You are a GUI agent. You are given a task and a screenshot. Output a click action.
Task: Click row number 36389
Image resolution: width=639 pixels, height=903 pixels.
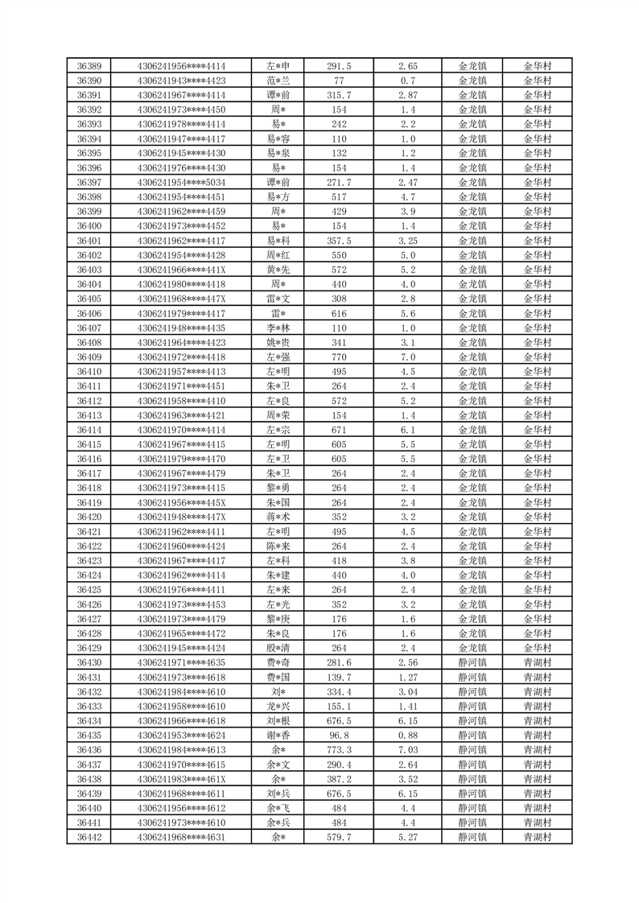[x=89, y=66]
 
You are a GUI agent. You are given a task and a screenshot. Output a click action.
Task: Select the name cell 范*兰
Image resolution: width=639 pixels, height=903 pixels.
[x=278, y=80]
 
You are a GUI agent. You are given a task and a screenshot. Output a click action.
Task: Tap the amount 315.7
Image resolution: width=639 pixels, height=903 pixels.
[x=338, y=95]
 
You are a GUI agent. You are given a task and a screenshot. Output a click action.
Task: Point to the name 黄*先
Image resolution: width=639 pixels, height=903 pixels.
[x=278, y=270]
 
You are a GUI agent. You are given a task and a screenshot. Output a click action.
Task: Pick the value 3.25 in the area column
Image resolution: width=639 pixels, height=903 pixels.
[x=407, y=241]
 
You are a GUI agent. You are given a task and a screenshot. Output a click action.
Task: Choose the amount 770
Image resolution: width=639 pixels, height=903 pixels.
[x=338, y=357]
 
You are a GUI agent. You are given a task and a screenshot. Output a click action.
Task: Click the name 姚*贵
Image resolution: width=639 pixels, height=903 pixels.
[x=278, y=343]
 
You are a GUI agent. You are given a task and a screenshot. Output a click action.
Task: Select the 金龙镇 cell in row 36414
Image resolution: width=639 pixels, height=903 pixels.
[x=472, y=430]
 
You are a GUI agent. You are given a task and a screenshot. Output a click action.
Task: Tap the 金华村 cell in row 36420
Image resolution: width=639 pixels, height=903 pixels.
[x=538, y=517]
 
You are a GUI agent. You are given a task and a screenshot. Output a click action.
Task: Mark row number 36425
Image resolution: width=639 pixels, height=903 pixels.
[x=89, y=590]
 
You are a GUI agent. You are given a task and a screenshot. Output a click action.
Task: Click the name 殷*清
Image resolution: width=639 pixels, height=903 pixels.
[x=278, y=648]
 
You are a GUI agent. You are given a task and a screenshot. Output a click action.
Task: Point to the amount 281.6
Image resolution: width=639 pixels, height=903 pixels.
[x=338, y=662]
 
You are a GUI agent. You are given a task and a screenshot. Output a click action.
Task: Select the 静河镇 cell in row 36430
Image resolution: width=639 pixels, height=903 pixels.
[x=472, y=662]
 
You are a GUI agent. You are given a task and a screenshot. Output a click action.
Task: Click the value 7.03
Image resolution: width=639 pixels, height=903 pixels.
[x=407, y=750]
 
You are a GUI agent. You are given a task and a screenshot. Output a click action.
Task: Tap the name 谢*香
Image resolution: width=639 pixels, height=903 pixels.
[x=278, y=736]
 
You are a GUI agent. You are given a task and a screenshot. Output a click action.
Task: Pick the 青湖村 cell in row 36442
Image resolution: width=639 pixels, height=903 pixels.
[x=538, y=837]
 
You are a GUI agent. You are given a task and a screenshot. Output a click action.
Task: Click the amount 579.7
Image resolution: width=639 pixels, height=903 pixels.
[x=338, y=837]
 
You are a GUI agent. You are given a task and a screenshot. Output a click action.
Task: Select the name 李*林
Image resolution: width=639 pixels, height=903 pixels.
[x=278, y=328]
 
